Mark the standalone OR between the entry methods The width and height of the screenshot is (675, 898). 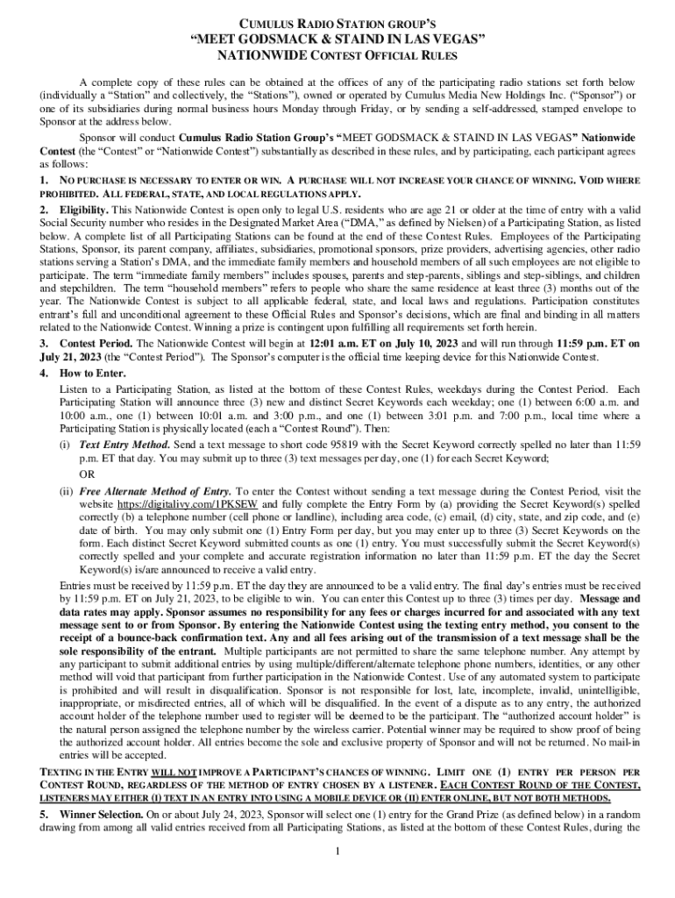[88, 474]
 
